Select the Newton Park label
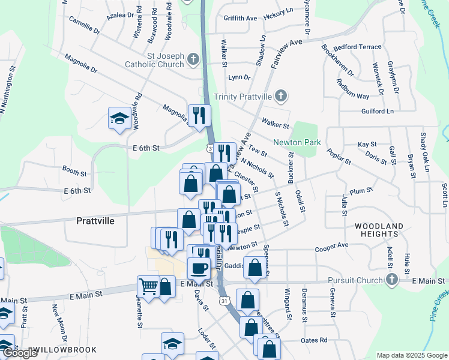point(297,142)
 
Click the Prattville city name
point(95,220)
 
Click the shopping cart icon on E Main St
point(148,286)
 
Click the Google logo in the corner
point(19,353)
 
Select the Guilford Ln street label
point(378,112)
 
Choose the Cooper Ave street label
point(332,245)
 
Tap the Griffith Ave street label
point(240,19)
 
